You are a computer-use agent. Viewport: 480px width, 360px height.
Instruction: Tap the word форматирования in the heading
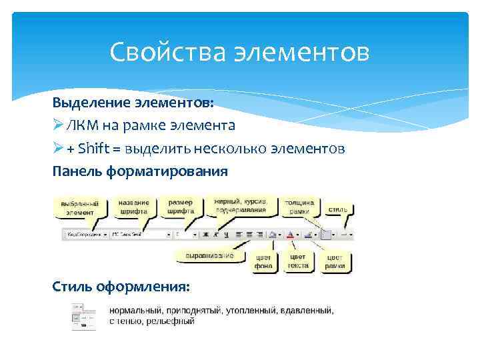(x=179, y=171)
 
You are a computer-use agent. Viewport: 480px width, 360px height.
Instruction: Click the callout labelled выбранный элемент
(x=80, y=207)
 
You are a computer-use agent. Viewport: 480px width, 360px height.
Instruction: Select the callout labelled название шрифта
(x=134, y=205)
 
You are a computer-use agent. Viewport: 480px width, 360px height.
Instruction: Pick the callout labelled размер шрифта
(x=181, y=205)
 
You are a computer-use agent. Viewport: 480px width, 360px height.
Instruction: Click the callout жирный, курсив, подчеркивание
(x=241, y=205)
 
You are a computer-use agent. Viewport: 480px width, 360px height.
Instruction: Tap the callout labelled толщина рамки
(x=299, y=206)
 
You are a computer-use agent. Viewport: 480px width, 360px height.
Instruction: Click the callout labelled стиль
(x=337, y=209)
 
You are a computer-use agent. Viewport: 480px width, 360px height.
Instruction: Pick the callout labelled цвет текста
(x=297, y=261)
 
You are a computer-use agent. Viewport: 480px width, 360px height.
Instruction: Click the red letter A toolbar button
(x=290, y=235)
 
